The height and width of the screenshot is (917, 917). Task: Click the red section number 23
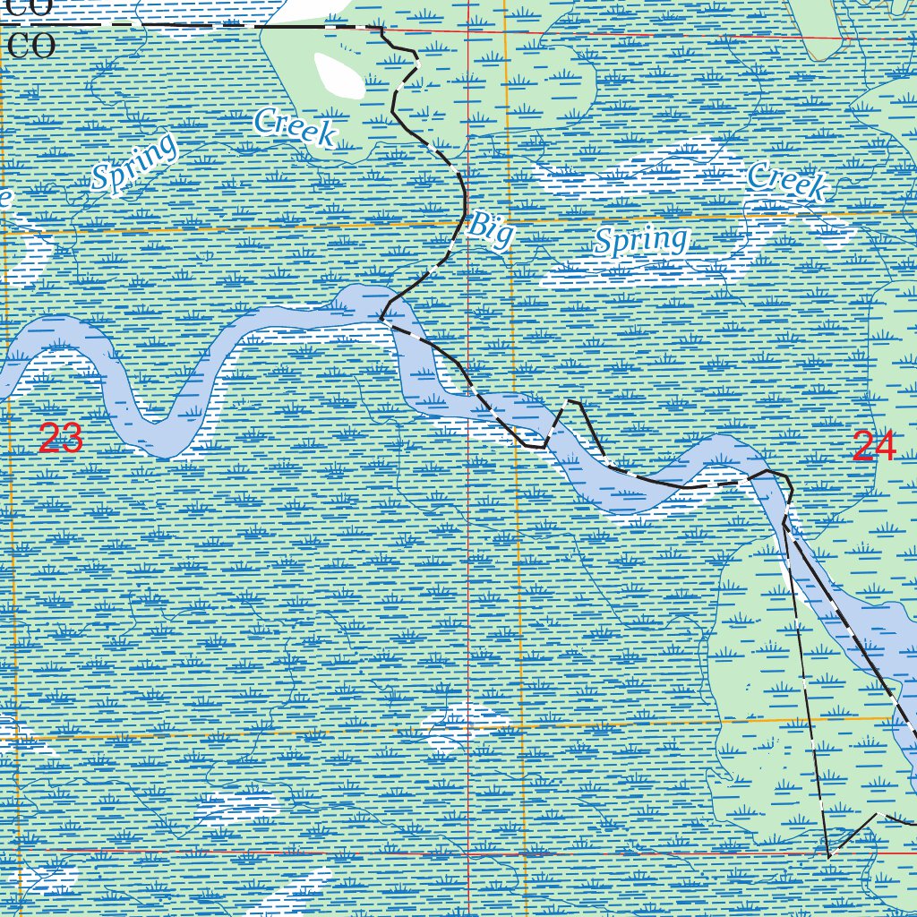click(x=61, y=439)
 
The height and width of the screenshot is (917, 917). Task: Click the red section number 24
click(x=874, y=446)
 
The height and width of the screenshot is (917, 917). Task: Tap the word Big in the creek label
click(x=491, y=230)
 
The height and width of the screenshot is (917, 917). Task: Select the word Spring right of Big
click(x=642, y=240)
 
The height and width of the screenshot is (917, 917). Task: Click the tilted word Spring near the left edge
click(x=135, y=164)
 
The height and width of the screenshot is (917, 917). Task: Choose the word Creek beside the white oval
click(x=295, y=127)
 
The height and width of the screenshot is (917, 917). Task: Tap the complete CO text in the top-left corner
click(x=31, y=46)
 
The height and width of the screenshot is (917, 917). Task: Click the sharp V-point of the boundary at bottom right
click(x=829, y=856)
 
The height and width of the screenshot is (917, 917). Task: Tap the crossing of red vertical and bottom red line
click(x=468, y=853)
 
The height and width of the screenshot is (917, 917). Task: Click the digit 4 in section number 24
click(x=885, y=446)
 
